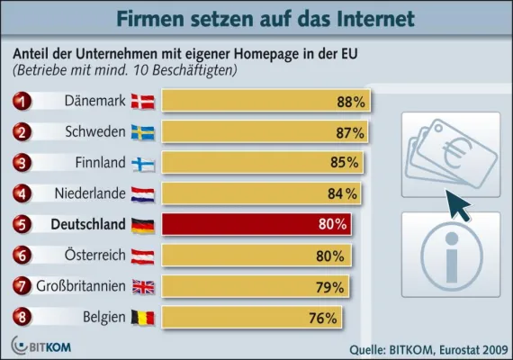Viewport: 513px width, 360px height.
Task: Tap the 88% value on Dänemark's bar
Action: [x=350, y=103]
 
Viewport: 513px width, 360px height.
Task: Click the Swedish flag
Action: [x=143, y=133]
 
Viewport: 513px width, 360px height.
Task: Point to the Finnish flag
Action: [x=143, y=164]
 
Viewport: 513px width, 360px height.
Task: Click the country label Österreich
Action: [x=88, y=256]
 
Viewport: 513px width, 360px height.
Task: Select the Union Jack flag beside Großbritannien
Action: [x=143, y=286]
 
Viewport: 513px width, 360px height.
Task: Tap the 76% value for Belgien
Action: [x=323, y=317]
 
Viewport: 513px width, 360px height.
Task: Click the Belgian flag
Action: [x=143, y=317]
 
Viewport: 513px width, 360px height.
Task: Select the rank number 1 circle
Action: [x=22, y=102]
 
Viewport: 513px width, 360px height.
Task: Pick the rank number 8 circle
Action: [x=22, y=317]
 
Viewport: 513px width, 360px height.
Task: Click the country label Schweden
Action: [x=94, y=133]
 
